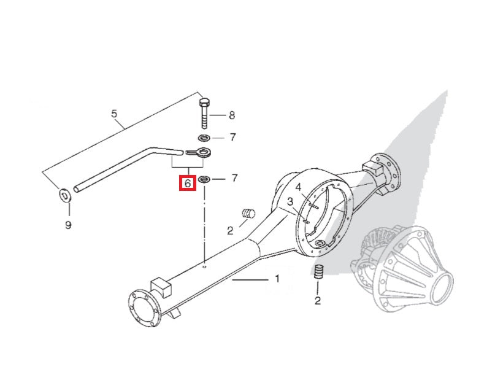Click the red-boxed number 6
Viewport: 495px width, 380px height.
[188, 183]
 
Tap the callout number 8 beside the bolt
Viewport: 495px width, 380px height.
[232, 115]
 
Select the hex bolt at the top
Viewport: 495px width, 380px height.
[204, 113]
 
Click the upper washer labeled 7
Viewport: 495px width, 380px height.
[205, 138]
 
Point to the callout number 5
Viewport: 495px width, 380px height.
[114, 114]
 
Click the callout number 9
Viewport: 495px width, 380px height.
[68, 225]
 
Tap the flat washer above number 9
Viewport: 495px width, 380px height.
[65, 196]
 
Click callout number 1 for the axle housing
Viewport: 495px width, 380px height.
[277, 279]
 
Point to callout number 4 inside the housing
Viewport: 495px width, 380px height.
[298, 188]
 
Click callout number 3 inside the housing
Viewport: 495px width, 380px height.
[290, 201]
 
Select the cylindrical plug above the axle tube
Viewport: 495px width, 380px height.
[248, 214]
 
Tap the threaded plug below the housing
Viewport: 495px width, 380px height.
[320, 272]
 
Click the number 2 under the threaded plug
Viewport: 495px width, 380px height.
[318, 300]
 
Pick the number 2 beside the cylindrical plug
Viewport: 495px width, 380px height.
[230, 231]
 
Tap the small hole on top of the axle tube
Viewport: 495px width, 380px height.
[204, 267]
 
